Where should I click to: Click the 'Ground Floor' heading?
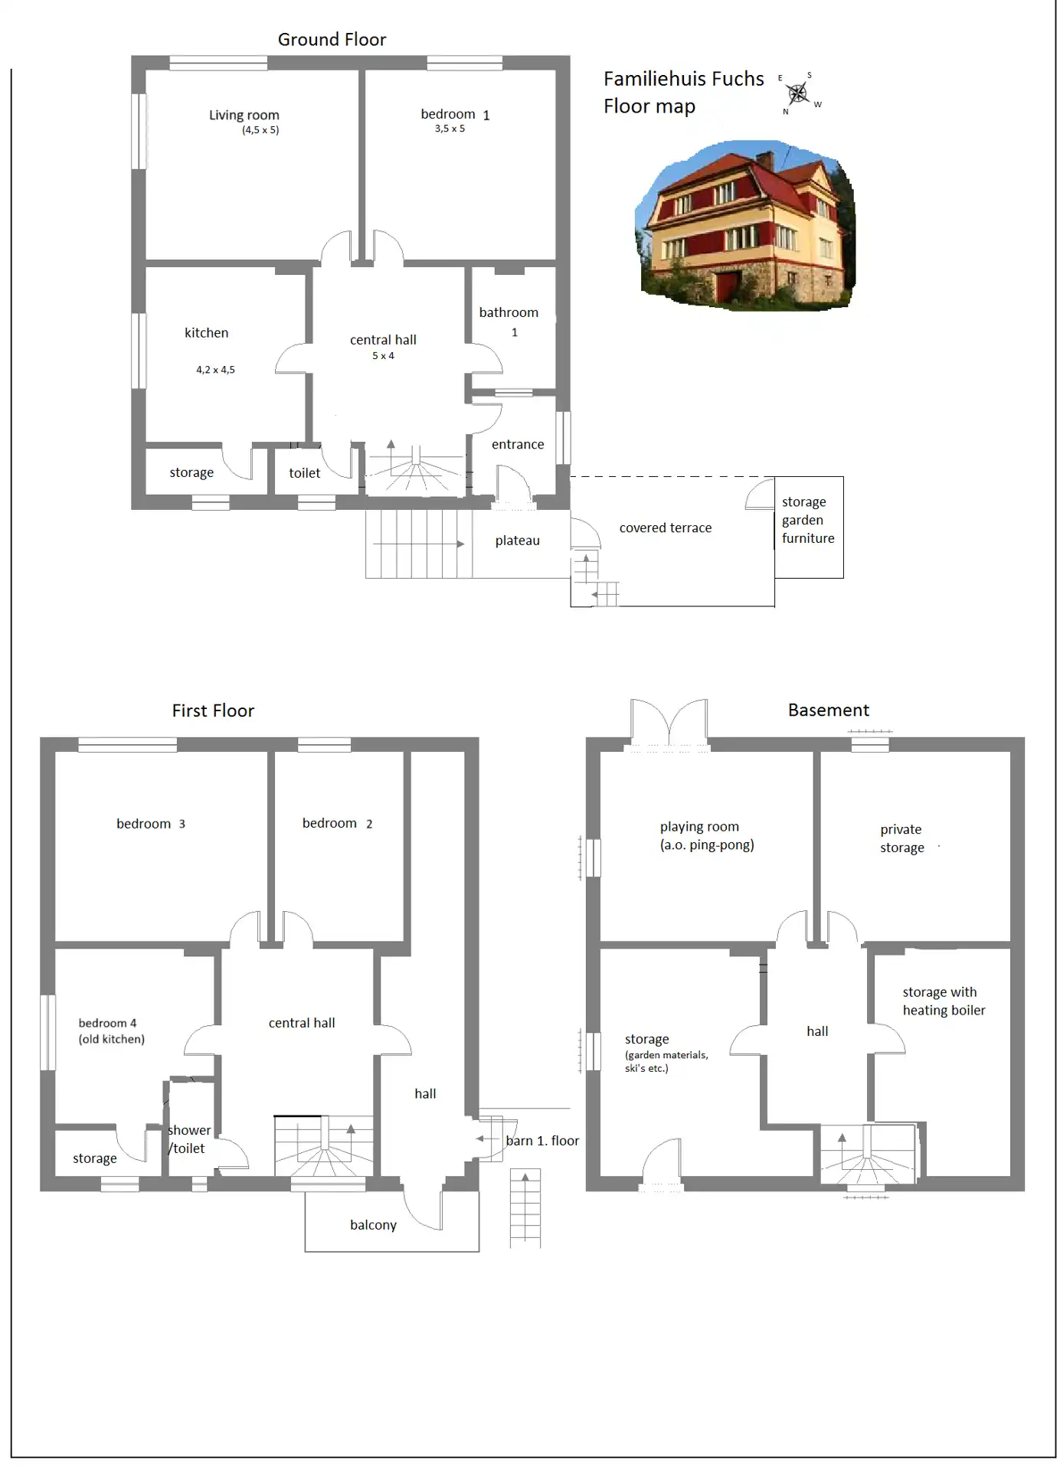click(x=332, y=40)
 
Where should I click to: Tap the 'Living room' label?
click(x=244, y=115)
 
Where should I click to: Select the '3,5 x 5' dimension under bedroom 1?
click(x=450, y=129)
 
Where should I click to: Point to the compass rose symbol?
click(x=798, y=93)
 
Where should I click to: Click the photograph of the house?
click(x=745, y=226)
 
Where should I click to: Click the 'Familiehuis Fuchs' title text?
click(x=683, y=79)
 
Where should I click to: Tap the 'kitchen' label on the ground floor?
click(x=206, y=333)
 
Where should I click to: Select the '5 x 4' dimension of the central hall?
click(x=383, y=356)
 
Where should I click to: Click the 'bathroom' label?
click(x=509, y=312)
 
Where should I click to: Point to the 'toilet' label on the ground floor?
click(x=304, y=473)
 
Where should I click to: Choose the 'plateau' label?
click(x=517, y=541)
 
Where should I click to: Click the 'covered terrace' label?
click(x=666, y=528)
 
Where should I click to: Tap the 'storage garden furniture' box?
click(x=809, y=527)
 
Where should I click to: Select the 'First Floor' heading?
click(x=213, y=710)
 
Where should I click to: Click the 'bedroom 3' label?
click(x=151, y=824)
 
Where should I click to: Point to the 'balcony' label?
click(x=373, y=1225)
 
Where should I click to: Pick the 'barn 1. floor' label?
click(x=542, y=1141)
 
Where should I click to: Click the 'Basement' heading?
click(x=829, y=710)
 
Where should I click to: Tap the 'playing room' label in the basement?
click(x=699, y=827)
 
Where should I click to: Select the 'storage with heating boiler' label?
click(x=944, y=1001)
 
